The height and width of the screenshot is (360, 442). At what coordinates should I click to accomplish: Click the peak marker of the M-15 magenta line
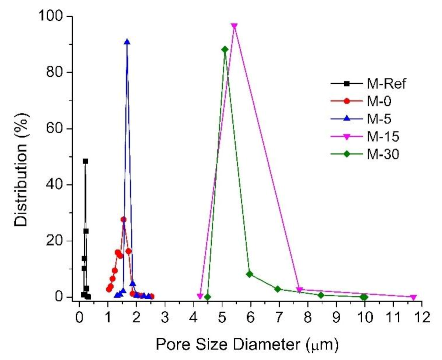(234, 26)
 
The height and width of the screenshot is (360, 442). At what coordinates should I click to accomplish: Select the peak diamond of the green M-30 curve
(225, 49)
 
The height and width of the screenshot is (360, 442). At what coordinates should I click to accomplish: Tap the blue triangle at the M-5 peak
(127, 42)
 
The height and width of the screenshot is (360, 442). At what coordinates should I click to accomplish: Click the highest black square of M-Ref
(85, 161)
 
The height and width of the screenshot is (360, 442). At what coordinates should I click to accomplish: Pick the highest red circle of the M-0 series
(124, 220)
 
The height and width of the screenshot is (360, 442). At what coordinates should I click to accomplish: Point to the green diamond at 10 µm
(364, 297)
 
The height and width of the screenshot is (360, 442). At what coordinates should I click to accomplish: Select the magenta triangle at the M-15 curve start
(200, 296)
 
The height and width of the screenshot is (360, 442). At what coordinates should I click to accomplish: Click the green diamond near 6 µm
(250, 274)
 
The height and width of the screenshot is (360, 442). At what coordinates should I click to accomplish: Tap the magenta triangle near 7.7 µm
(299, 290)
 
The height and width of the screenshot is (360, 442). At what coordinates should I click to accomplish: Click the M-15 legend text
(383, 136)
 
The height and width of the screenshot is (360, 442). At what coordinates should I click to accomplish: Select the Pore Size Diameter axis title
(247, 344)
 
